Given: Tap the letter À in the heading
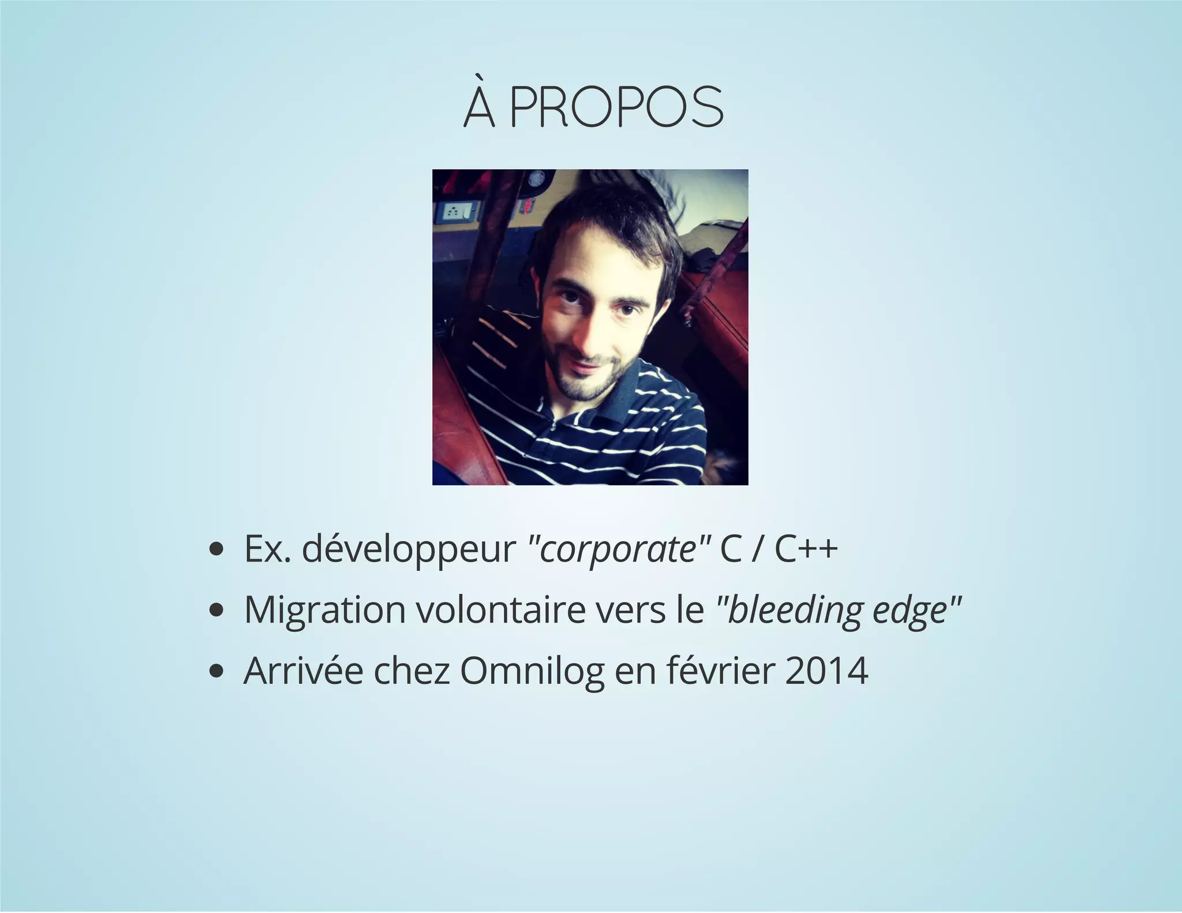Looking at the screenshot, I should [480, 107].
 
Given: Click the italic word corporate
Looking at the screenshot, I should [618, 550].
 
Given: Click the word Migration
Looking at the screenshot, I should [325, 610].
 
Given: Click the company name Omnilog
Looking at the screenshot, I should [532, 672].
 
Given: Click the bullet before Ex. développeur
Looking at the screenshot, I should [216, 551].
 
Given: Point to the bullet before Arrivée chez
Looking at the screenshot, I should [216, 672].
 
